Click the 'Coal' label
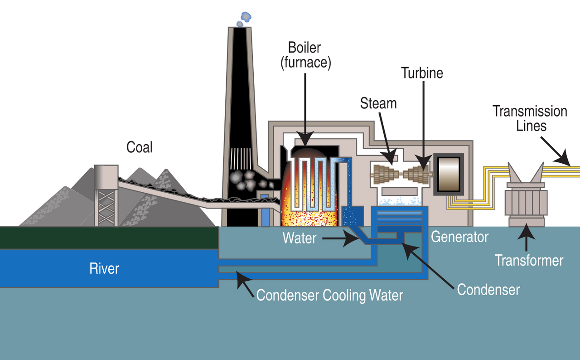139,147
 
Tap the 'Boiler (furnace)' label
305,55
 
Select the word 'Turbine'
422,73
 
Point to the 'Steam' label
378,103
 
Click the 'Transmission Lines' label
530,119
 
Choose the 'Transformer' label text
529,260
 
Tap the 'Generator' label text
459,237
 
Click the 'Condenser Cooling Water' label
329,295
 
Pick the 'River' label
104,268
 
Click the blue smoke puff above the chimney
244,19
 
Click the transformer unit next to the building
526,197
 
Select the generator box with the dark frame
449,174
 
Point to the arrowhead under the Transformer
526,232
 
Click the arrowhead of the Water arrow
352,238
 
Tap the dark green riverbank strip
109,238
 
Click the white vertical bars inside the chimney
241,159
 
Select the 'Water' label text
300,238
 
